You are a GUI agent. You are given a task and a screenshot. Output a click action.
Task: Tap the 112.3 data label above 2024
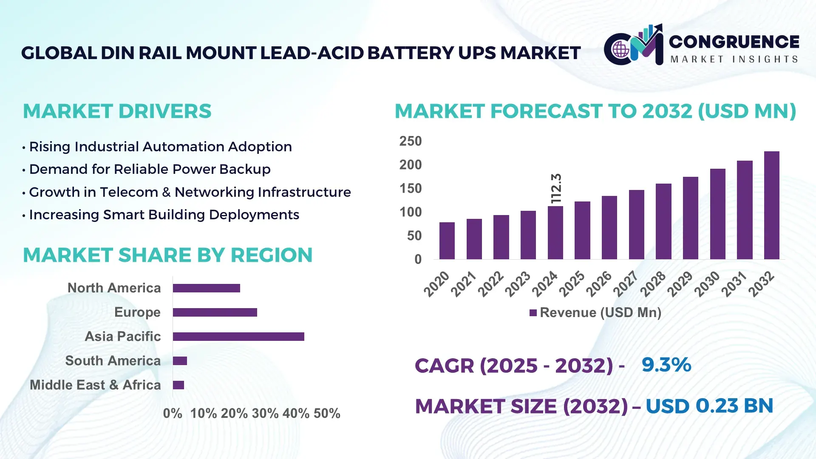556,188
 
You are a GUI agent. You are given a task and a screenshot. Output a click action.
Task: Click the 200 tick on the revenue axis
410,165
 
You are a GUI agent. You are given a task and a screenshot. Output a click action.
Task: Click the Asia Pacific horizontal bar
238,337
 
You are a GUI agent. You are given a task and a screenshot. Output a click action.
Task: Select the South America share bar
180,361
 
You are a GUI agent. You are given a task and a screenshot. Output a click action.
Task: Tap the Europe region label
137,312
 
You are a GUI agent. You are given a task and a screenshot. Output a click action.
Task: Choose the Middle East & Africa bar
178,385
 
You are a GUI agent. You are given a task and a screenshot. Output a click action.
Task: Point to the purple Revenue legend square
533,313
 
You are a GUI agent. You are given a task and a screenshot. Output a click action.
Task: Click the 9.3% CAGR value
666,365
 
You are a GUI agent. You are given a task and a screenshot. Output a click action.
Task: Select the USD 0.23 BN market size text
709,405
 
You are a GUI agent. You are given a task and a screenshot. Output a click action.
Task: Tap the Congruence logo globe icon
620,49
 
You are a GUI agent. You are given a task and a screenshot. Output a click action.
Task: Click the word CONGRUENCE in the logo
734,42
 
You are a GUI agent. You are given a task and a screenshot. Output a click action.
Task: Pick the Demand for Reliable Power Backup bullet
150,169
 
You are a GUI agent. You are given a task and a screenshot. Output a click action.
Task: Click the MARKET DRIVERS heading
117,111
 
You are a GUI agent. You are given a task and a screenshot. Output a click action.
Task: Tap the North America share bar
206,288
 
